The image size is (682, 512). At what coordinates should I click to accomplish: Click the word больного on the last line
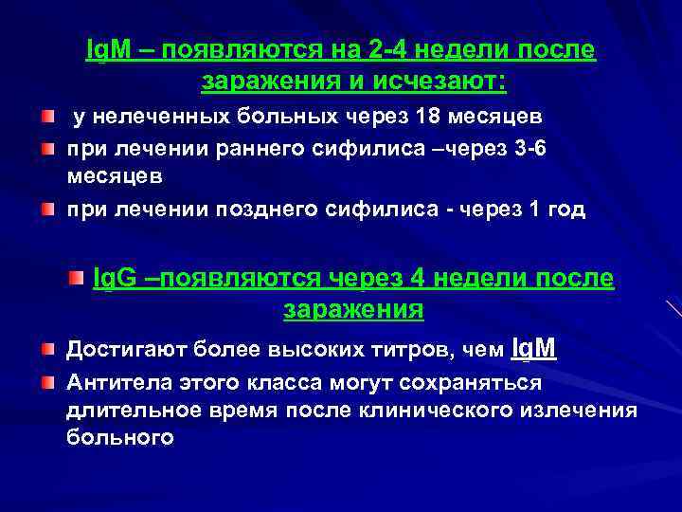[119, 437]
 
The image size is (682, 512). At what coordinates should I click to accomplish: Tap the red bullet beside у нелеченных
[47, 117]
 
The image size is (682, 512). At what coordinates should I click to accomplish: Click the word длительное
[128, 410]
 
